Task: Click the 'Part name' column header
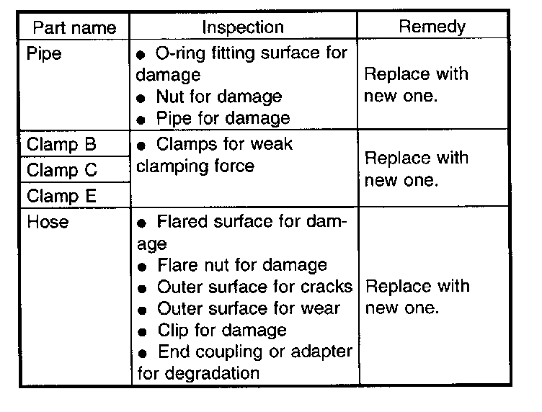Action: (75, 29)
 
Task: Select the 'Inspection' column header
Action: (243, 29)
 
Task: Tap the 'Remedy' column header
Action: (432, 28)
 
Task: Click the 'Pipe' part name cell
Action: (44, 54)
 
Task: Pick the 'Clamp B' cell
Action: (61, 144)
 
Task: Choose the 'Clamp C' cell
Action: (61, 171)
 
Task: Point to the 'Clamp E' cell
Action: (61, 196)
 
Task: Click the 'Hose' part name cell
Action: (48, 222)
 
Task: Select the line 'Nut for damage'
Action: (218, 97)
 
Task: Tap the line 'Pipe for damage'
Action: (223, 118)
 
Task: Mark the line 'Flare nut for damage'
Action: (241, 266)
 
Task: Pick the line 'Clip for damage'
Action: (221, 331)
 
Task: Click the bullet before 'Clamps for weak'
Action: (142, 145)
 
